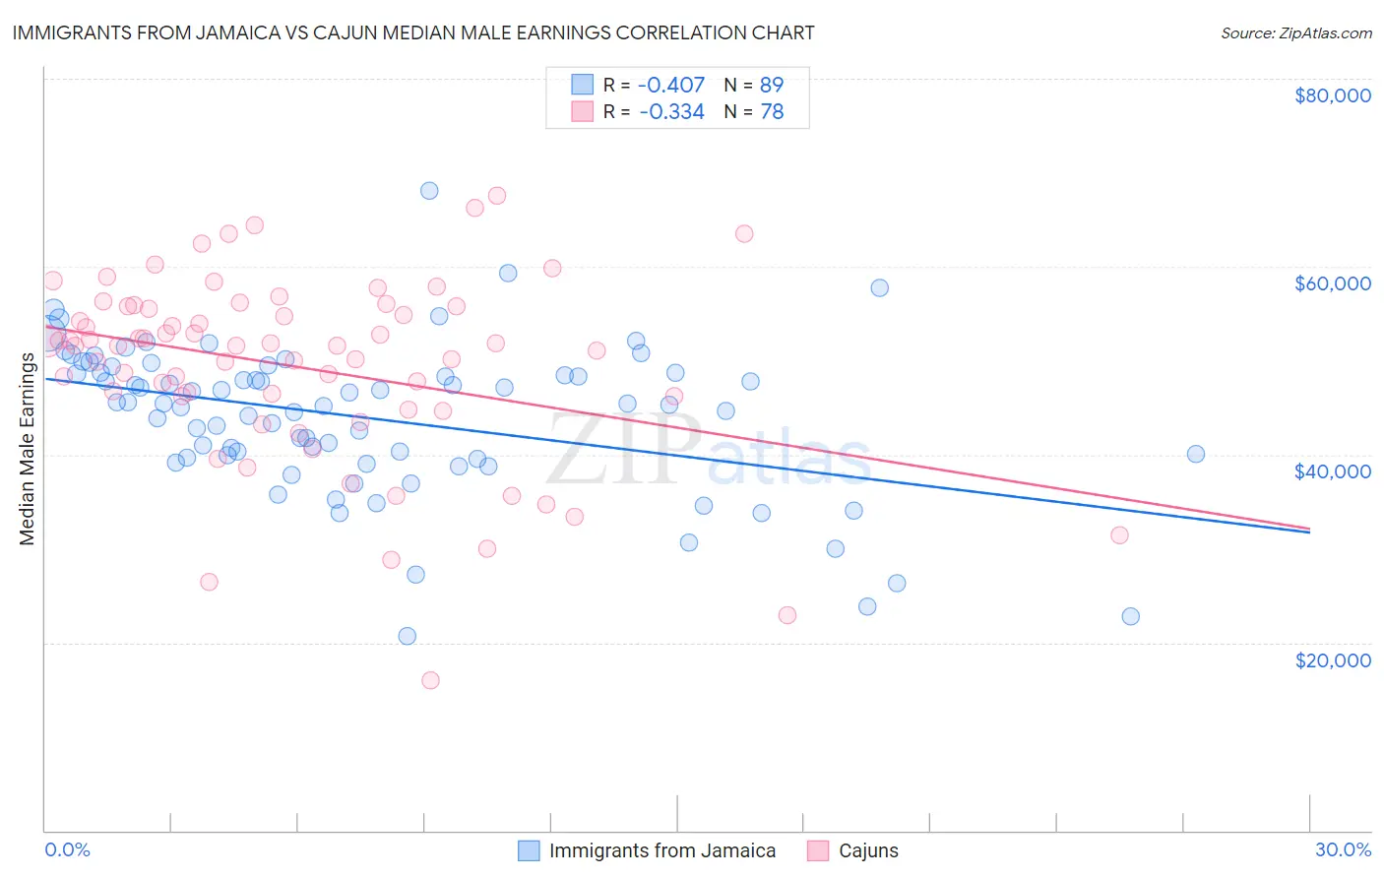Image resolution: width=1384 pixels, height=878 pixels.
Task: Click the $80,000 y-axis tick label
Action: (x=1332, y=95)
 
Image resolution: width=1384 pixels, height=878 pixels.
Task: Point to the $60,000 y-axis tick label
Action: (x=1332, y=283)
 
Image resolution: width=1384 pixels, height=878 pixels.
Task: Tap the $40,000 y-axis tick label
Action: (x=1332, y=471)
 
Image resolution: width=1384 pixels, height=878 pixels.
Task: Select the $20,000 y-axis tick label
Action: (x=1332, y=659)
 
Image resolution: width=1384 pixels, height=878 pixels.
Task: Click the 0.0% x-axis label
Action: (x=67, y=849)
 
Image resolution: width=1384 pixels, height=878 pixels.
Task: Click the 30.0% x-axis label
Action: (x=1343, y=849)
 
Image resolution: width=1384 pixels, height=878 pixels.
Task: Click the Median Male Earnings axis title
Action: (x=28, y=448)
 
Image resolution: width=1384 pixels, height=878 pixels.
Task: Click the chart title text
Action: (x=413, y=32)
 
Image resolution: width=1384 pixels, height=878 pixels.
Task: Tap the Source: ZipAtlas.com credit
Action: (x=1295, y=33)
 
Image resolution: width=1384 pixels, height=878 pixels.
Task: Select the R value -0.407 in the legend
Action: (x=671, y=85)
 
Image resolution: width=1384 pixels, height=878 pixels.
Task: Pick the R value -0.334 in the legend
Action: (x=671, y=112)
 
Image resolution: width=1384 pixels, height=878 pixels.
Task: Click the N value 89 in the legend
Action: (x=772, y=85)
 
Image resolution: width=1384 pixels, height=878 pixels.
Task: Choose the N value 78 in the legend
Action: (x=772, y=112)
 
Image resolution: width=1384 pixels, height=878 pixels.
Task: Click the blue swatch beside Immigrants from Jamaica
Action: (x=529, y=850)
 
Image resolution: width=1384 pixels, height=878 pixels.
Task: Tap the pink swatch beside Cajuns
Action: (x=818, y=850)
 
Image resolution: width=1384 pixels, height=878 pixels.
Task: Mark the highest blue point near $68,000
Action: (x=429, y=191)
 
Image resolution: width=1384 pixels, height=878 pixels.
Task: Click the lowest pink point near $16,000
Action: (x=430, y=680)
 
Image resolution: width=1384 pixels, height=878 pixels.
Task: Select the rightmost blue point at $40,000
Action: (x=1196, y=454)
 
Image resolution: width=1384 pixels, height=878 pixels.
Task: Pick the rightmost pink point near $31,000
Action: (x=1119, y=535)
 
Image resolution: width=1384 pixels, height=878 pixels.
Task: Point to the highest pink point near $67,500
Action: (x=497, y=196)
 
